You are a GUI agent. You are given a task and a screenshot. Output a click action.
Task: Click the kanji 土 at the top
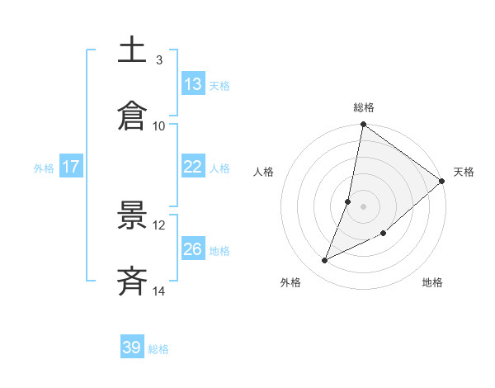133,50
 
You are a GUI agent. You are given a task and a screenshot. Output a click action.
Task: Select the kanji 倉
133,116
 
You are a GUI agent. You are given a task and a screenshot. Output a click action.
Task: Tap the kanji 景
133,215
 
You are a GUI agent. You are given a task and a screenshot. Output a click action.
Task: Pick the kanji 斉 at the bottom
133,282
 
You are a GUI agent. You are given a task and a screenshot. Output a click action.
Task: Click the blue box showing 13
193,84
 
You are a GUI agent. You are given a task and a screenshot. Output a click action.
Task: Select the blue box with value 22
193,167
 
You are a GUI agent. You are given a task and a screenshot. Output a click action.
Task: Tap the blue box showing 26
193,249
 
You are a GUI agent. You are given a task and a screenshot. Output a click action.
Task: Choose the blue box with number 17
71,167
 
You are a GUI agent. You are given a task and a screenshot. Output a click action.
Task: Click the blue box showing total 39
132,348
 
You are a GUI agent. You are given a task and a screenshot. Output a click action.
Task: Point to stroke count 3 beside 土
159,59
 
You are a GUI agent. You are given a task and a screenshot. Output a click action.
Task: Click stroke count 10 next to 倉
159,125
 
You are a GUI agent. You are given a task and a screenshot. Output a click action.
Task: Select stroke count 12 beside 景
159,225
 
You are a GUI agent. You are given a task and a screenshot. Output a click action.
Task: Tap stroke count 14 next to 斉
159,291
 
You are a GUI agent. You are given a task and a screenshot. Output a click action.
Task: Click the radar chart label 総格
364,107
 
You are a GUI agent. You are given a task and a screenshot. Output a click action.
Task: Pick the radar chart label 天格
464,172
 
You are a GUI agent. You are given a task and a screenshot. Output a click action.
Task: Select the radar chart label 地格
432,283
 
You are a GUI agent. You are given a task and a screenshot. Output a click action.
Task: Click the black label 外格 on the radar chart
290,283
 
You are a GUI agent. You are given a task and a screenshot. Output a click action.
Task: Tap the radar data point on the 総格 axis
364,125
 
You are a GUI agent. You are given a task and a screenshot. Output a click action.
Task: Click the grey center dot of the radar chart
364,206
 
